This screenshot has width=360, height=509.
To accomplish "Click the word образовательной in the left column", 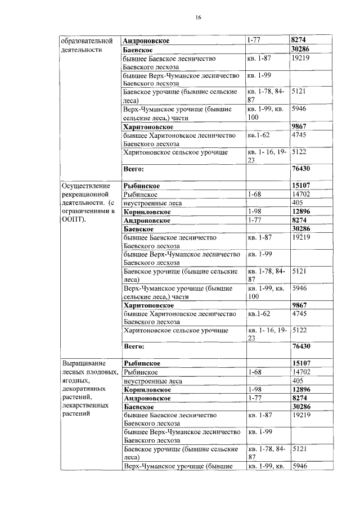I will click(88, 41).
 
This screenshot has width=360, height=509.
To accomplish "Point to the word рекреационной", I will click(85, 194).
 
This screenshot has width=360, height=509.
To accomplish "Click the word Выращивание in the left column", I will click(84, 363).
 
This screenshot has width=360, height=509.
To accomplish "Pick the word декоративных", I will click(86, 389).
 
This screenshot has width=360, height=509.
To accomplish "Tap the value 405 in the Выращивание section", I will click(298, 381).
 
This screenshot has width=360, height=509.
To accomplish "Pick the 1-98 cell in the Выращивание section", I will click(255, 389).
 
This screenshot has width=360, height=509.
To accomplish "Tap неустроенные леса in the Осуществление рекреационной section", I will click(152, 203).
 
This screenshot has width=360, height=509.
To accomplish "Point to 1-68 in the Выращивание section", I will click(255, 372).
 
